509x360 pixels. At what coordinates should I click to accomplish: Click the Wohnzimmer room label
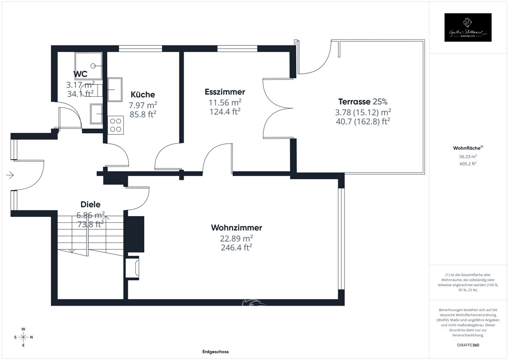[x=236, y=228]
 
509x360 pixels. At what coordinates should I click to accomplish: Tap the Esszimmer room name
[x=225, y=92]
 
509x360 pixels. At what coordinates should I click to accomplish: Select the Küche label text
[x=143, y=95]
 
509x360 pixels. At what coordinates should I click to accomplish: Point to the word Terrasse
[x=354, y=102]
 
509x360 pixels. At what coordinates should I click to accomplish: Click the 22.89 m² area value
[x=237, y=238]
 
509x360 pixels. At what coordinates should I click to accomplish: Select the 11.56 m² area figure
[x=225, y=102]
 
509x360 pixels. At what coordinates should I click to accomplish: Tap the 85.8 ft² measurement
[x=143, y=114]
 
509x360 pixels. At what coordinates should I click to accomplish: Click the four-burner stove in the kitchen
[x=115, y=125]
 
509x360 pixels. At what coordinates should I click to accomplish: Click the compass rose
[x=23, y=337]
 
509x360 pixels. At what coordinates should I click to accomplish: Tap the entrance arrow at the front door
[x=11, y=174]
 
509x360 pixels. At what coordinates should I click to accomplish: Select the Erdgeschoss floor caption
[x=215, y=352]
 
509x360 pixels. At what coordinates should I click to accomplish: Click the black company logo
[x=467, y=28]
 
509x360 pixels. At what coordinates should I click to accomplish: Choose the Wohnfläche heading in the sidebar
[x=467, y=148]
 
